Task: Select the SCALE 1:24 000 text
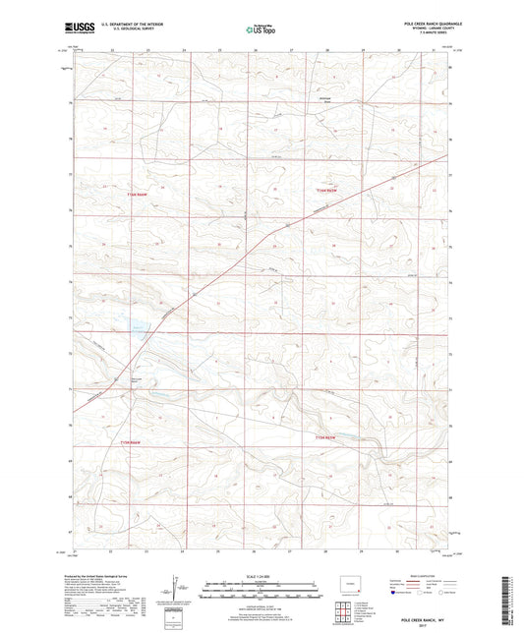click(260, 576)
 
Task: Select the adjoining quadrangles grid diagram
click(344, 606)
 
